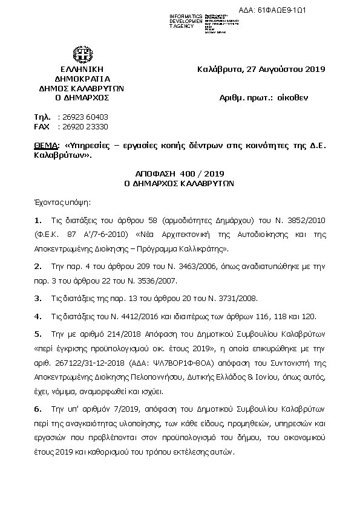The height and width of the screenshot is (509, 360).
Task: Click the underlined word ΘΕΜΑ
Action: pos(44,145)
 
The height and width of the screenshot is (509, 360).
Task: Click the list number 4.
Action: pos(38,316)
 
